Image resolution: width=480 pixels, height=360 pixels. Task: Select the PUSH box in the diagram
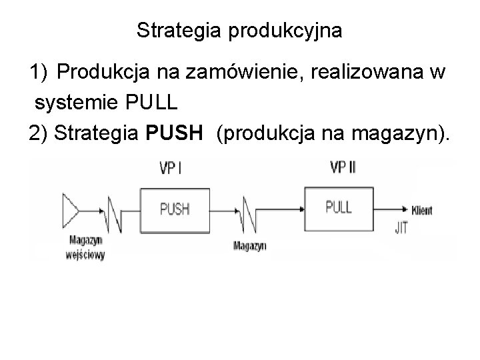tap(175, 209)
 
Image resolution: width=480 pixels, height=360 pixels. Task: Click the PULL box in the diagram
tap(339, 207)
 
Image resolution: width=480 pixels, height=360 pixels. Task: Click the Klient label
tap(422, 211)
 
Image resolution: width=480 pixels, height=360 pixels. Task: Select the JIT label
tap(401, 227)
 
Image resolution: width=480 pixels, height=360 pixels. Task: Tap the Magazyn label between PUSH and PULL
tap(250, 245)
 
